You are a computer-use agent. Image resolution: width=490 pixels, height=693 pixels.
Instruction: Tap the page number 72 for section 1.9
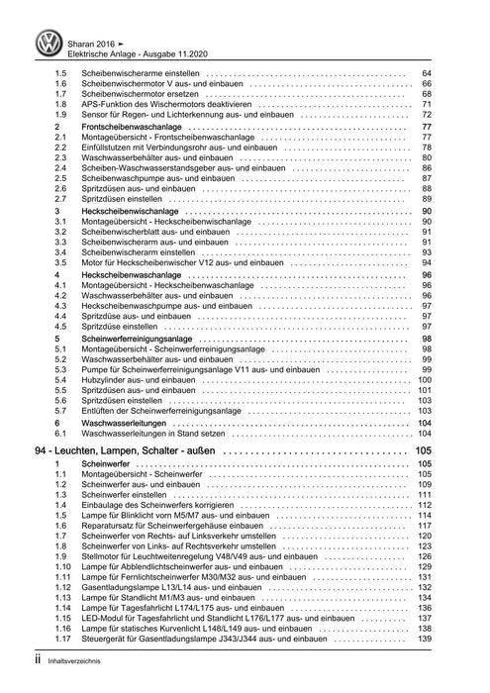coord(427,116)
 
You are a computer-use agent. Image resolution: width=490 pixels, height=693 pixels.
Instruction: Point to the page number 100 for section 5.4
coord(425,380)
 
